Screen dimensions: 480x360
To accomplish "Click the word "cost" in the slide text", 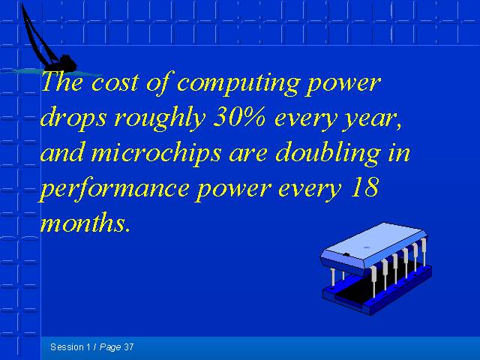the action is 115,83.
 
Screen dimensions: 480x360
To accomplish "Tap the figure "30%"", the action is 239,118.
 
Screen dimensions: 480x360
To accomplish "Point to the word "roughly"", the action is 160,118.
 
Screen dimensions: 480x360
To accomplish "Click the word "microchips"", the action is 156,154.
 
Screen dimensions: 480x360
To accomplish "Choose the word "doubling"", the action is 328,154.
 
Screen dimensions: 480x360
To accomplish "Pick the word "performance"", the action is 114,189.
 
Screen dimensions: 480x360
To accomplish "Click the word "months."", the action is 85,222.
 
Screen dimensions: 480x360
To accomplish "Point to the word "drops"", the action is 73,118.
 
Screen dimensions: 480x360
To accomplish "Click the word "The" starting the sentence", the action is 62,82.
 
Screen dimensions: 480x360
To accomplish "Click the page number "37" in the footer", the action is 129,347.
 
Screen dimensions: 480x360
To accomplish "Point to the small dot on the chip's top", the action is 367,247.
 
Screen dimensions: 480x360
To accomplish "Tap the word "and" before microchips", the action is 61,152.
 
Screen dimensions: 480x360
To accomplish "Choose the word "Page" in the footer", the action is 110,348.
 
